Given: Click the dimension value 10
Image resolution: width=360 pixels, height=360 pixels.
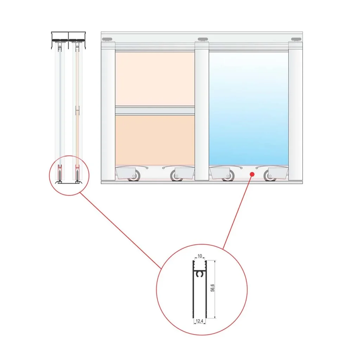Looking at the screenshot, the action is pos(200,256).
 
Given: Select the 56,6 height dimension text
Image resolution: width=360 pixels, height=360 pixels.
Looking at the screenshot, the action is pos(213,288).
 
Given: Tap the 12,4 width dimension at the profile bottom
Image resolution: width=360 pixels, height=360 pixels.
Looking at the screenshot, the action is pos(200,321).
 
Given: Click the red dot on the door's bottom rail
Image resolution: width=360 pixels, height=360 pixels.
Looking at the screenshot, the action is pos(252,174).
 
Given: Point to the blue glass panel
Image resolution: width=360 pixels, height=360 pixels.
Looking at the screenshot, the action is pos(249,108).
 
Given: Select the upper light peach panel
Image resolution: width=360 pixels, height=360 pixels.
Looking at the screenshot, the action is pos(155,79).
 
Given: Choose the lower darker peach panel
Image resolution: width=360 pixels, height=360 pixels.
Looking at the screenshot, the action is pos(155,140).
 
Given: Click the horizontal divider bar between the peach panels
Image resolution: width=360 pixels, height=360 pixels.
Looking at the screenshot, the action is pos(155,110).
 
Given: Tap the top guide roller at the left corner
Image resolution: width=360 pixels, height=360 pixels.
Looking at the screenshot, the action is pos(107,39).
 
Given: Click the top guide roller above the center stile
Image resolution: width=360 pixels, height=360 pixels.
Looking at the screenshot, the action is pos(203,39).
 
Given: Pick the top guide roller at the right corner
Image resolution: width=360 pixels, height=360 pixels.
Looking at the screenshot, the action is pos(296,39).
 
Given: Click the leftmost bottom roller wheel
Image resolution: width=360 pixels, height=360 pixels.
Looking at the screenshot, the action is pos(134,176).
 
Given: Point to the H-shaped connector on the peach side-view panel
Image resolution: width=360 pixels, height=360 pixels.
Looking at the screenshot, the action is pos(77,110).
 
